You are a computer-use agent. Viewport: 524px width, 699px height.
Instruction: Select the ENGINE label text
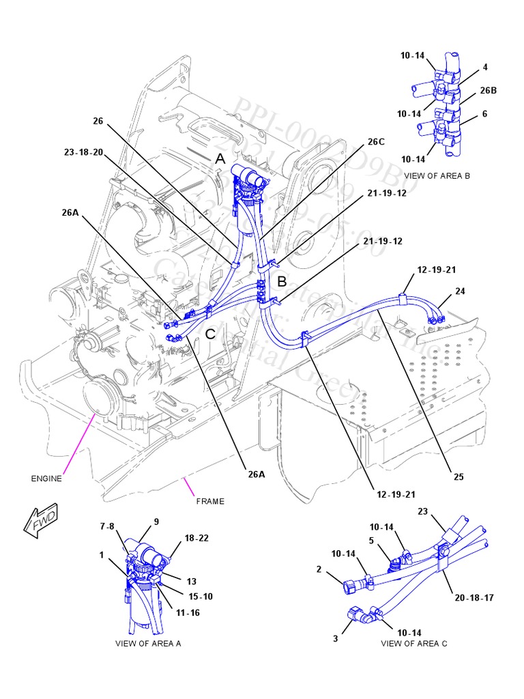pyautogui.click(x=46, y=479)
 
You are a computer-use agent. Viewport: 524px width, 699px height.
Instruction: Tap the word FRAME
pyautogui.click(x=210, y=501)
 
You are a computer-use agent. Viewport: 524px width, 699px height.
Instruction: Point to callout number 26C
pyautogui.click(x=376, y=142)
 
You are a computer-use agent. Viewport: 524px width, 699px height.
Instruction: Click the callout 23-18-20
pyautogui.click(x=83, y=152)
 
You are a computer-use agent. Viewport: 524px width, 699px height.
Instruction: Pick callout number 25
pyautogui.click(x=458, y=476)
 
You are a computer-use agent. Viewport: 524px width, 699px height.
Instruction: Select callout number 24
pyautogui.click(x=460, y=291)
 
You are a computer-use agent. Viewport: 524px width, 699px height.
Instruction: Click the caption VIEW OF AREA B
pyautogui.click(x=437, y=175)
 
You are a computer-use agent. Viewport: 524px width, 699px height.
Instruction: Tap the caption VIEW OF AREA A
pyautogui.click(x=148, y=643)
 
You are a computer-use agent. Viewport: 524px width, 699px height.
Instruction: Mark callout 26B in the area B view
pyautogui.click(x=488, y=90)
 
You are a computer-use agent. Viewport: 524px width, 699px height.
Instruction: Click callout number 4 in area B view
pyautogui.click(x=485, y=68)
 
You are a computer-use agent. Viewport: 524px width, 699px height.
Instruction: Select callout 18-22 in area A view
pyautogui.click(x=196, y=538)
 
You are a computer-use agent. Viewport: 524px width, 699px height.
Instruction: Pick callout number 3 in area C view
pyautogui.click(x=335, y=638)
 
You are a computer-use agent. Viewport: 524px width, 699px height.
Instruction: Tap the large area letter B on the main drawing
pyautogui.click(x=282, y=281)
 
